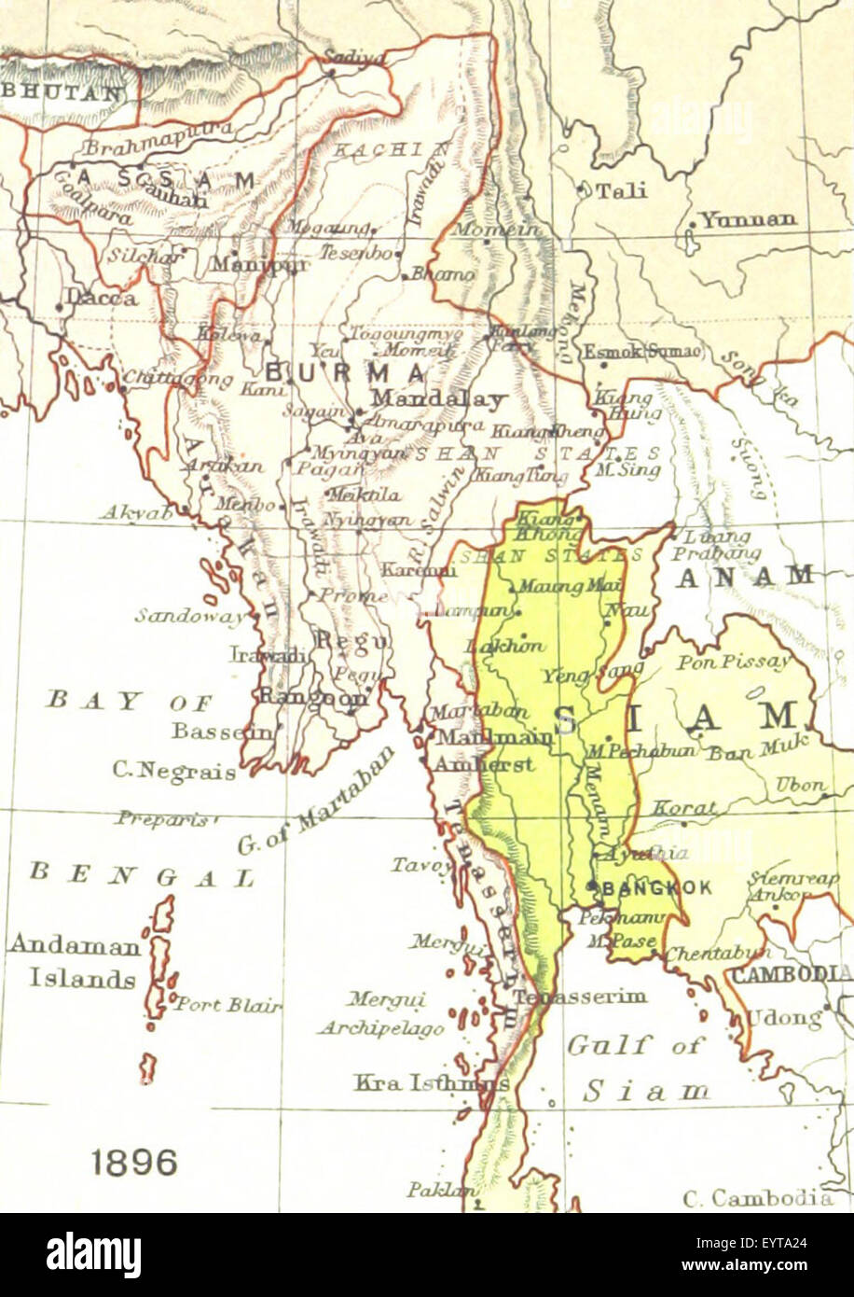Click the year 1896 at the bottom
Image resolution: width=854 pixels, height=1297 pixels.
pyautogui.click(x=134, y=1163)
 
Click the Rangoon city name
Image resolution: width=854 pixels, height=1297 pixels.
pyautogui.click(x=312, y=696)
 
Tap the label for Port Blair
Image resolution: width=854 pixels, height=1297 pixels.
pyautogui.click(x=227, y=1005)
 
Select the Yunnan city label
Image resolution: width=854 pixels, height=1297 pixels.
pyautogui.click(x=749, y=220)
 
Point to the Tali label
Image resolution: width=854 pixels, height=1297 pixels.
pyautogui.click(x=620, y=191)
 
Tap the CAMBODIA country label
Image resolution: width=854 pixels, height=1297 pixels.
pyautogui.click(x=792, y=975)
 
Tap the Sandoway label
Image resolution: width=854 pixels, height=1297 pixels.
pyautogui.click(x=192, y=615)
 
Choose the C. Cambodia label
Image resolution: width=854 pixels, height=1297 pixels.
pyautogui.click(x=757, y=1197)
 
